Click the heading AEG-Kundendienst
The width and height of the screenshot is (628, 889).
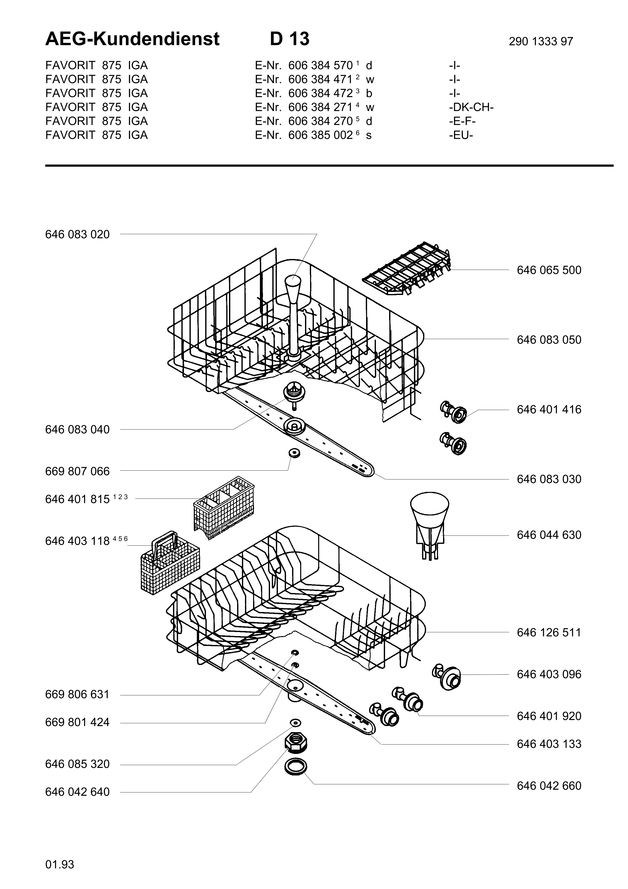pyautogui.click(x=132, y=39)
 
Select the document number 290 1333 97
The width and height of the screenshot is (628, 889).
pyautogui.click(x=541, y=41)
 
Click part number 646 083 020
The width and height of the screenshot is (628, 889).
pyautogui.click(x=77, y=234)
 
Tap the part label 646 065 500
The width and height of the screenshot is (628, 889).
pyautogui.click(x=549, y=270)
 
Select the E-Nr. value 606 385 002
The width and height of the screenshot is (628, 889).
pyautogui.click(x=320, y=135)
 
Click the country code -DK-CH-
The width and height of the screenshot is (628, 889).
pyautogui.click(x=471, y=107)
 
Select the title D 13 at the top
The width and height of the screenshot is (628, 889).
pyautogui.click(x=290, y=39)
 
